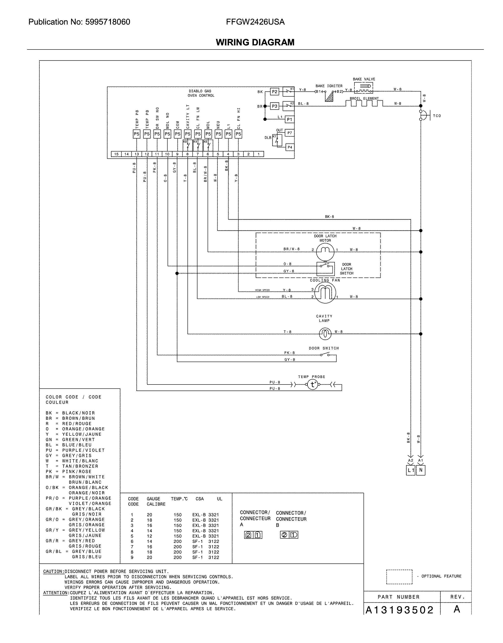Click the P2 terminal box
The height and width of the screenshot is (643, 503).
pyautogui.click(x=274, y=92)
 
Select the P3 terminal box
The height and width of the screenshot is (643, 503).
pyautogui.click(x=274, y=106)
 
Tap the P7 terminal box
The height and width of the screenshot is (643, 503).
pyautogui.click(x=290, y=133)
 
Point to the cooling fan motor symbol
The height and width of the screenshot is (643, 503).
pyautogui.click(x=325, y=293)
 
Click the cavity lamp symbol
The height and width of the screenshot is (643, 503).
pyautogui.click(x=325, y=333)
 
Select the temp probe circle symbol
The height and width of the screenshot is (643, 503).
pyautogui.click(x=313, y=385)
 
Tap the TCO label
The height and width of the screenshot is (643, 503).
pyautogui.click(x=437, y=116)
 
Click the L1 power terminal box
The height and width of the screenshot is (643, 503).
pyautogui.click(x=410, y=470)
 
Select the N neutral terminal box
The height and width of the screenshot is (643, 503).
pyautogui.click(x=421, y=470)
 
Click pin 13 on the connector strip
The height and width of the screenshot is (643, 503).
pyautogui.click(x=137, y=154)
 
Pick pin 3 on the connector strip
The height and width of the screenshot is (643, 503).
pyautogui.click(x=238, y=154)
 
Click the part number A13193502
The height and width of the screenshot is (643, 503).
pyautogui.click(x=400, y=610)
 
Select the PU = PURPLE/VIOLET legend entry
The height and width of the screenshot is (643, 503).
pyautogui.click(x=75, y=450)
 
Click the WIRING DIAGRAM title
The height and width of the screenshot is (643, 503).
pyautogui.click(x=255, y=42)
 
